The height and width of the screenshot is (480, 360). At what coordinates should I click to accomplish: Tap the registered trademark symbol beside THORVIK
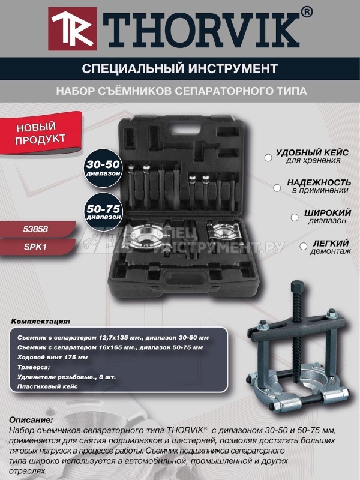306,12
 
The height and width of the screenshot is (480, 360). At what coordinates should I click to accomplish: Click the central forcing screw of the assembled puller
297,318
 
